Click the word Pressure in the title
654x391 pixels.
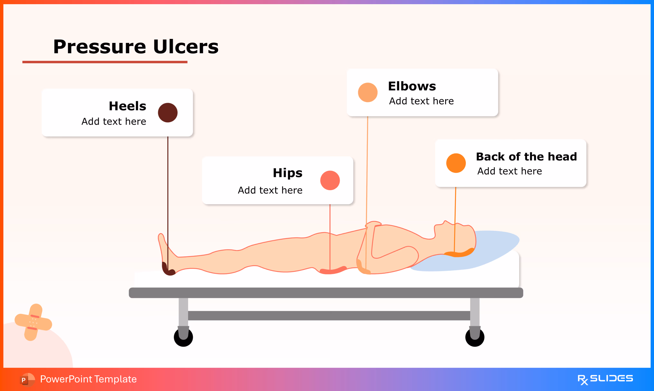point(99,47)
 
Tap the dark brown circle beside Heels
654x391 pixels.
point(168,113)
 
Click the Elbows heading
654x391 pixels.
point(412,86)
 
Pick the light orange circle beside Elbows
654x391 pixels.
point(368,92)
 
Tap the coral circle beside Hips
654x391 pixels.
point(330,181)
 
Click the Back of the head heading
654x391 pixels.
point(526,157)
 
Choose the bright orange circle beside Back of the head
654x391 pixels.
point(456,163)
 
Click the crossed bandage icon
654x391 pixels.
point(33,322)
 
